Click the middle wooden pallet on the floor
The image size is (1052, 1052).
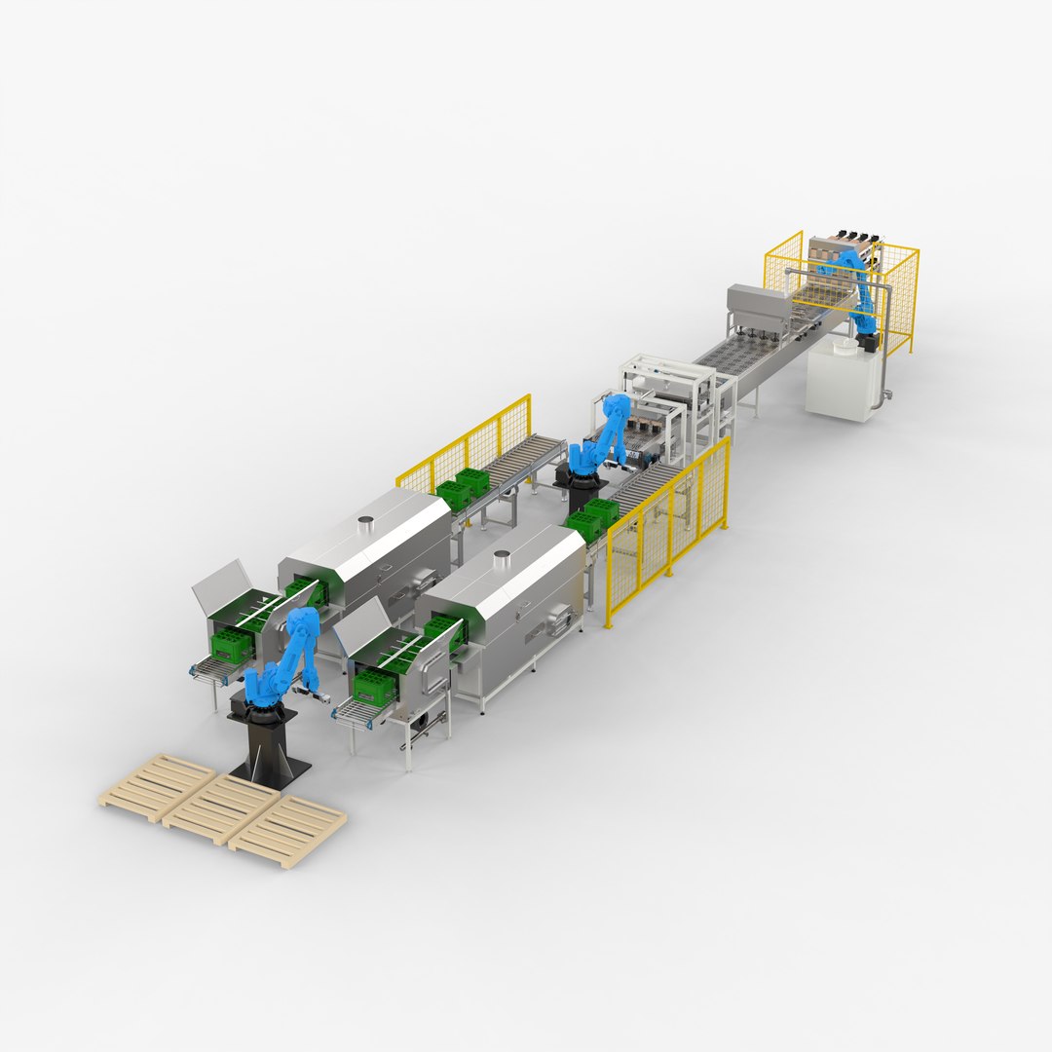[x=221, y=808]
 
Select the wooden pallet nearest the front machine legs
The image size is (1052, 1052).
[x=288, y=831]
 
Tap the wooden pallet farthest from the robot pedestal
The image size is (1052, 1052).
[x=157, y=785]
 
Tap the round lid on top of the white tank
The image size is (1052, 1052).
[x=865, y=342]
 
